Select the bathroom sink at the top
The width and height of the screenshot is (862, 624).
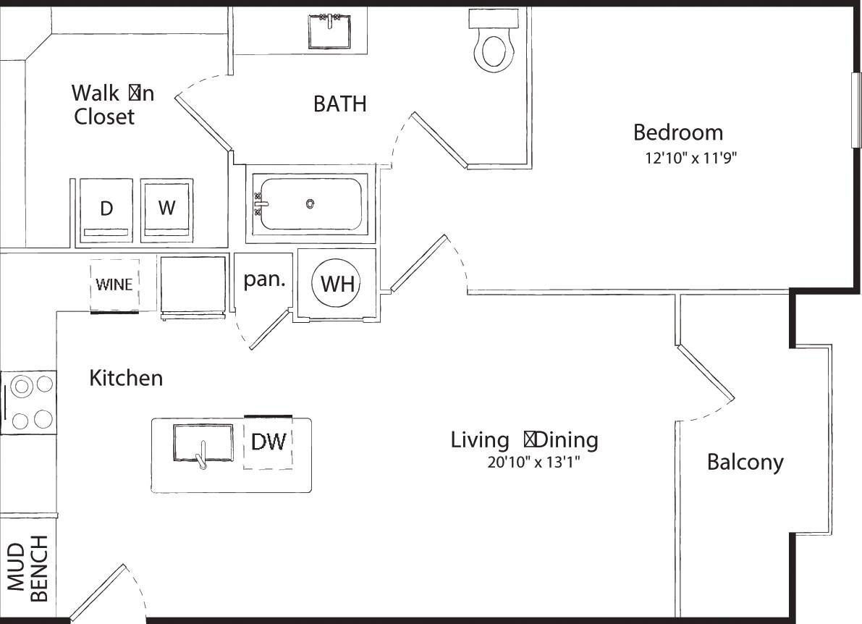click(x=330, y=30)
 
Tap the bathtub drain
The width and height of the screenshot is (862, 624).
click(x=310, y=204)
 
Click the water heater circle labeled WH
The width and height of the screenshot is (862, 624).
click(x=337, y=284)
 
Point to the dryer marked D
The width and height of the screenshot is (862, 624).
click(x=106, y=208)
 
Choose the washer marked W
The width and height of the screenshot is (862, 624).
click(x=166, y=208)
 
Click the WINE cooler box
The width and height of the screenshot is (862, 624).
click(x=114, y=284)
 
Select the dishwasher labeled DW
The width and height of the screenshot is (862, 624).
click(x=269, y=442)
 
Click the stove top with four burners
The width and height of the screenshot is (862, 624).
click(x=29, y=402)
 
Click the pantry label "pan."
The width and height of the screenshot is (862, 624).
click(x=263, y=281)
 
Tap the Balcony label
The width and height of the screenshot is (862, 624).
click(x=745, y=462)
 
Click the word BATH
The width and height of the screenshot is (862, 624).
click(x=339, y=104)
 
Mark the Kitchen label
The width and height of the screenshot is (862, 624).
click(x=126, y=378)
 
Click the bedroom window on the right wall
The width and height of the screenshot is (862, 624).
click(x=856, y=109)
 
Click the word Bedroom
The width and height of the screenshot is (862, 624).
click(x=677, y=132)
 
